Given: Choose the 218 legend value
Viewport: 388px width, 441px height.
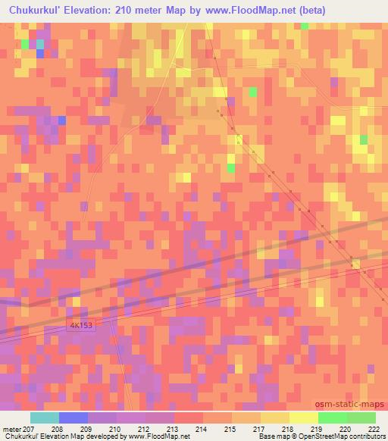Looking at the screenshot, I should pyautogui.click(x=288, y=429).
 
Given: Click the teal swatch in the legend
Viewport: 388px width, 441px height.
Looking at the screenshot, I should pyautogui.click(x=45, y=418).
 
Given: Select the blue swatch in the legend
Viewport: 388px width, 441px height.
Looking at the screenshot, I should pyautogui.click(x=74, y=418).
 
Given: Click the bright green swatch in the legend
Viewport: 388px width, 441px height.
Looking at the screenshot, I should pyautogui.click(x=332, y=418).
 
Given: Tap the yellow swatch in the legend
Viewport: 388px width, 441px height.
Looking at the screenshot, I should pyautogui.click(x=303, y=418).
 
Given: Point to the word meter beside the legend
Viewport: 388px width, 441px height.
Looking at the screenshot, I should pyautogui.click(x=12, y=429).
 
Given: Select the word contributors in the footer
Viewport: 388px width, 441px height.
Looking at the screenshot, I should pyautogui.click(x=368, y=437).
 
